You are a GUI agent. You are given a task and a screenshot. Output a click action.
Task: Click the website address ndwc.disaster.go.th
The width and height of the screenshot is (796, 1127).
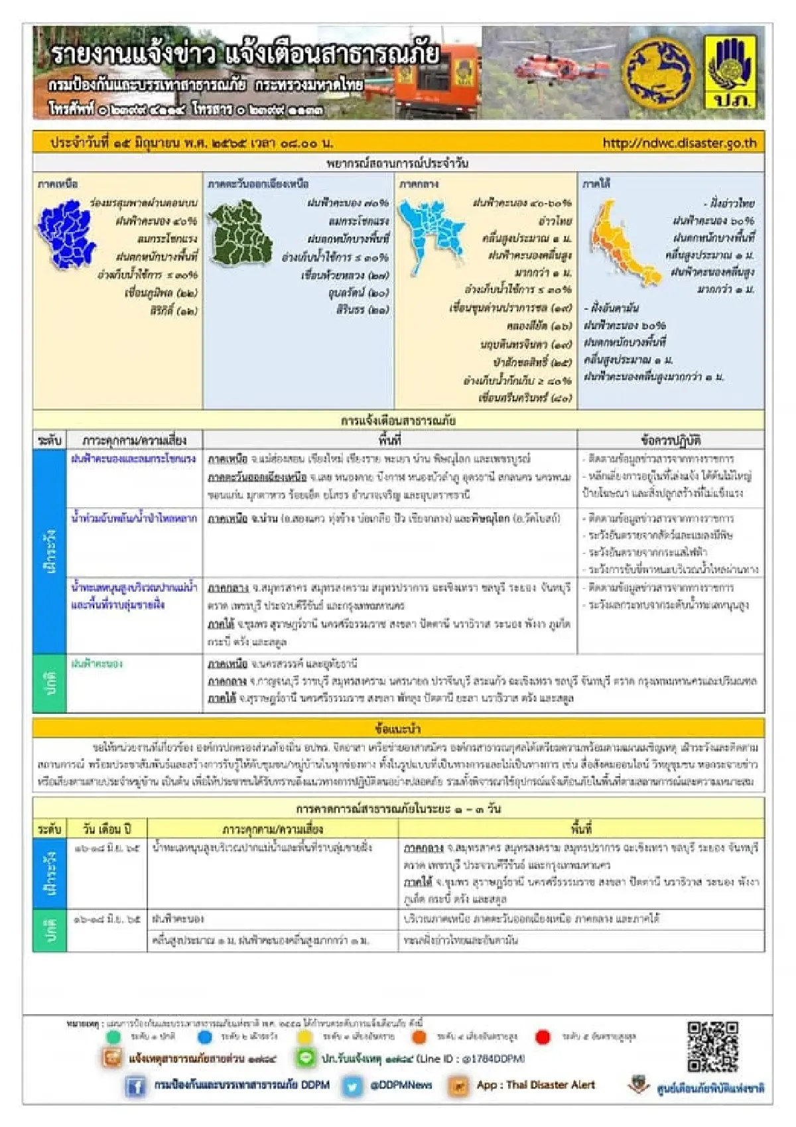pos(679,143)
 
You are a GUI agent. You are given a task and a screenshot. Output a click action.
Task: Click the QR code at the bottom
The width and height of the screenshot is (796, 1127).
pos(712,1047)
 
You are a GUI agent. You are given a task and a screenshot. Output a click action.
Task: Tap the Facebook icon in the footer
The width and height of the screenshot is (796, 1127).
pos(135,1086)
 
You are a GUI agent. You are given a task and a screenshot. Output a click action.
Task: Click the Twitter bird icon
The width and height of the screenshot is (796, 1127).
pos(353,1086)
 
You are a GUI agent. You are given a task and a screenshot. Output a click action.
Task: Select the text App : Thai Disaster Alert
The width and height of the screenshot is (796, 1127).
pos(535,1085)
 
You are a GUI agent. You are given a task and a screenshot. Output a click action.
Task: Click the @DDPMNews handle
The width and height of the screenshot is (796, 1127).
pos(401,1085)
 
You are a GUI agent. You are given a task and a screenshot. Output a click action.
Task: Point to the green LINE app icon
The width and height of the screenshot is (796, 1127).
pos(305,1059)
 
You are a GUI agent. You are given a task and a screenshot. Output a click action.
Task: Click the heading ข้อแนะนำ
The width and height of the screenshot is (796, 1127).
pos(398,728)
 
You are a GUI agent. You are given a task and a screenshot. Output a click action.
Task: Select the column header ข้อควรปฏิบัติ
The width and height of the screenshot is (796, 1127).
pos(671,440)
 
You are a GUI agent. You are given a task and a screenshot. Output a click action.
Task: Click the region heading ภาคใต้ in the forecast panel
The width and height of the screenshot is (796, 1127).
pos(596,183)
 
